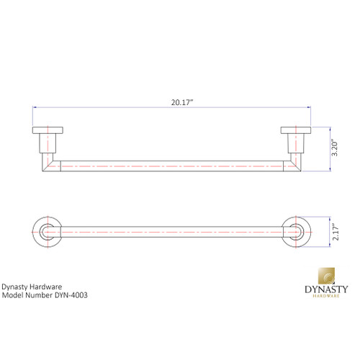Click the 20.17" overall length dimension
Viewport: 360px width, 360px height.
(x=181, y=103)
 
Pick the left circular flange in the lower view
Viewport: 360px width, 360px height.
(x=48, y=232)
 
